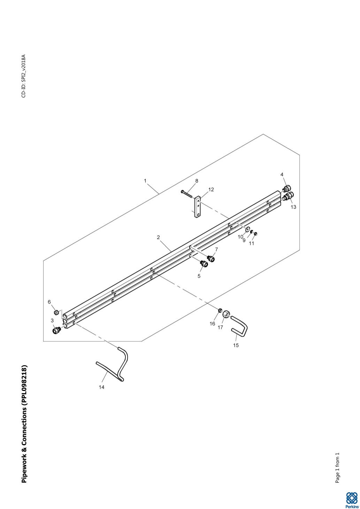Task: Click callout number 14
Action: tap(101, 387)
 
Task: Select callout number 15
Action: tap(236, 345)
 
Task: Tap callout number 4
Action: tap(282, 175)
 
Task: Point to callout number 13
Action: tap(293, 207)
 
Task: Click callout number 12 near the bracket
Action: tap(211, 190)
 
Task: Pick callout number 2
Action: tap(159, 238)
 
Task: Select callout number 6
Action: tap(49, 302)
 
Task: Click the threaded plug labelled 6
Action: tap(56, 313)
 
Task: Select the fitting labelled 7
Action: tap(211, 258)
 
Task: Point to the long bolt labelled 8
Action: tap(187, 195)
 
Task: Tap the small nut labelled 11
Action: tap(256, 233)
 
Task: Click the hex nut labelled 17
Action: tap(226, 314)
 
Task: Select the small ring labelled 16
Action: tap(220, 310)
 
